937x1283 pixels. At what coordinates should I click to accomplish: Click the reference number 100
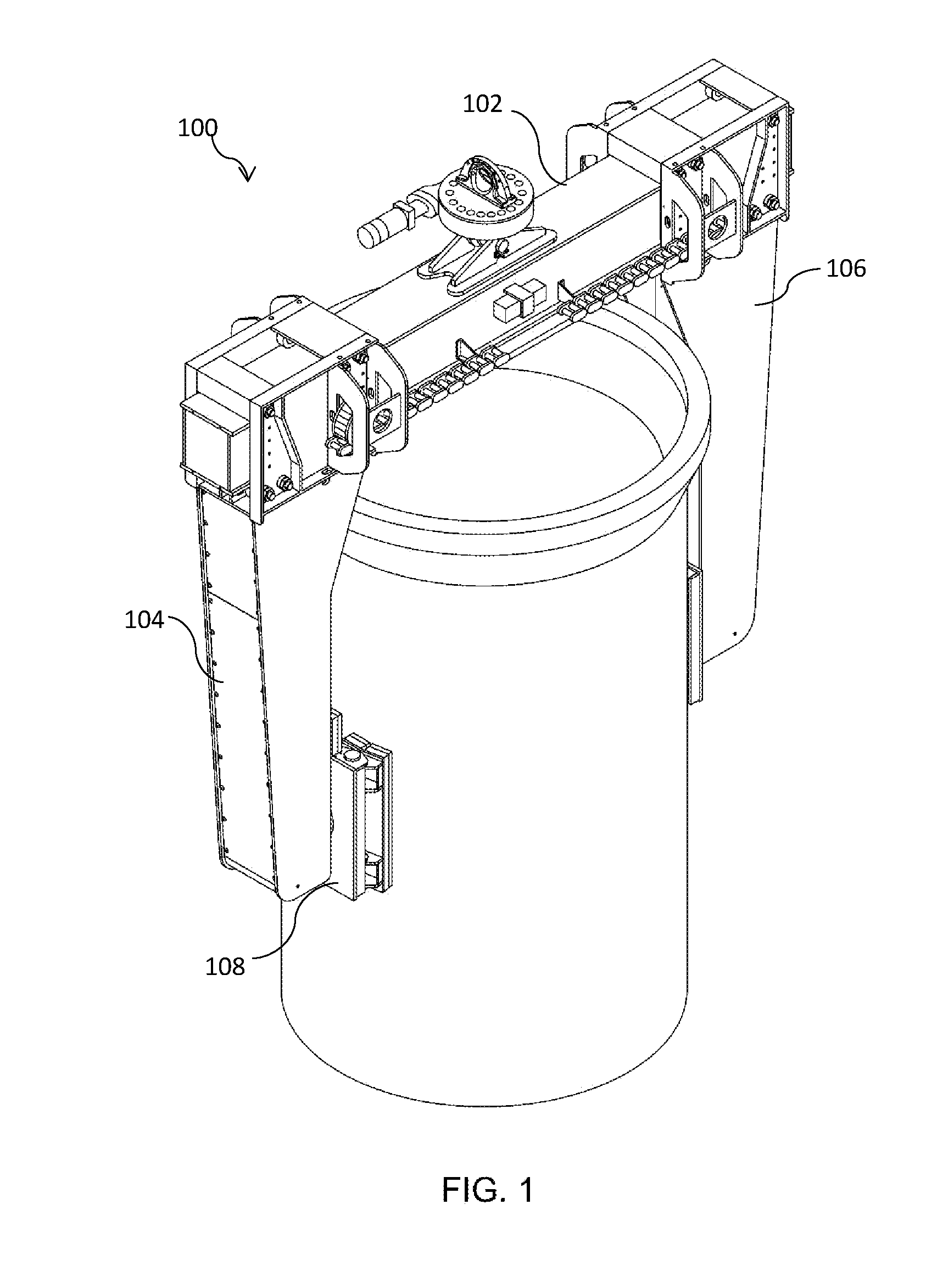point(197,128)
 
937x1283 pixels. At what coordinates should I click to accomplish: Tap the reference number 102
point(483,104)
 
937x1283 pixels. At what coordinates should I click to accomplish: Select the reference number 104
point(144,620)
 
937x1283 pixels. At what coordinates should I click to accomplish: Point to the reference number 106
point(846,268)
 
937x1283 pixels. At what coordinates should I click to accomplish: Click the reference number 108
point(225,967)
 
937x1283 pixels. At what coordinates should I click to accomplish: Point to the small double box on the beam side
point(521,299)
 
